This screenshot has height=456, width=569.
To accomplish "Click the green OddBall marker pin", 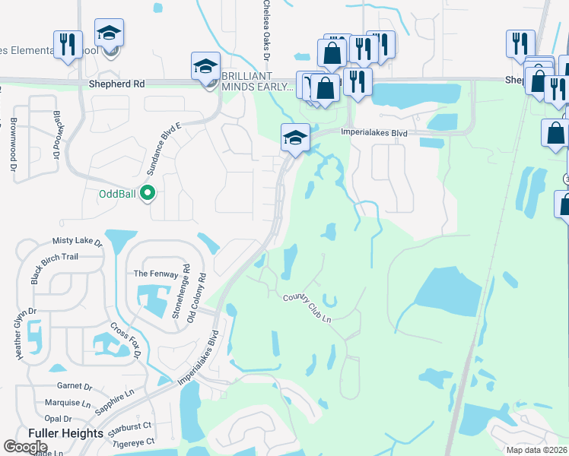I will pos(149,193).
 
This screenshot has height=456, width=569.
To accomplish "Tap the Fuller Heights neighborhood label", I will pos(65,433).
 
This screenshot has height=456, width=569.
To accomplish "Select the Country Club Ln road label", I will pos(308,307).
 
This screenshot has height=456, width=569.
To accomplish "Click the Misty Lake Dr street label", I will pos(77,241).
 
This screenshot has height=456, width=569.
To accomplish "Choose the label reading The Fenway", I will pos(151,274).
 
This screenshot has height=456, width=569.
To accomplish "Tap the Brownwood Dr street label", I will pos(14,137).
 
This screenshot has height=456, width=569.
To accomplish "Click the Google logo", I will pos(26,446).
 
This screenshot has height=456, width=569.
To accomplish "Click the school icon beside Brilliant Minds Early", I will pos(205,66).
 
